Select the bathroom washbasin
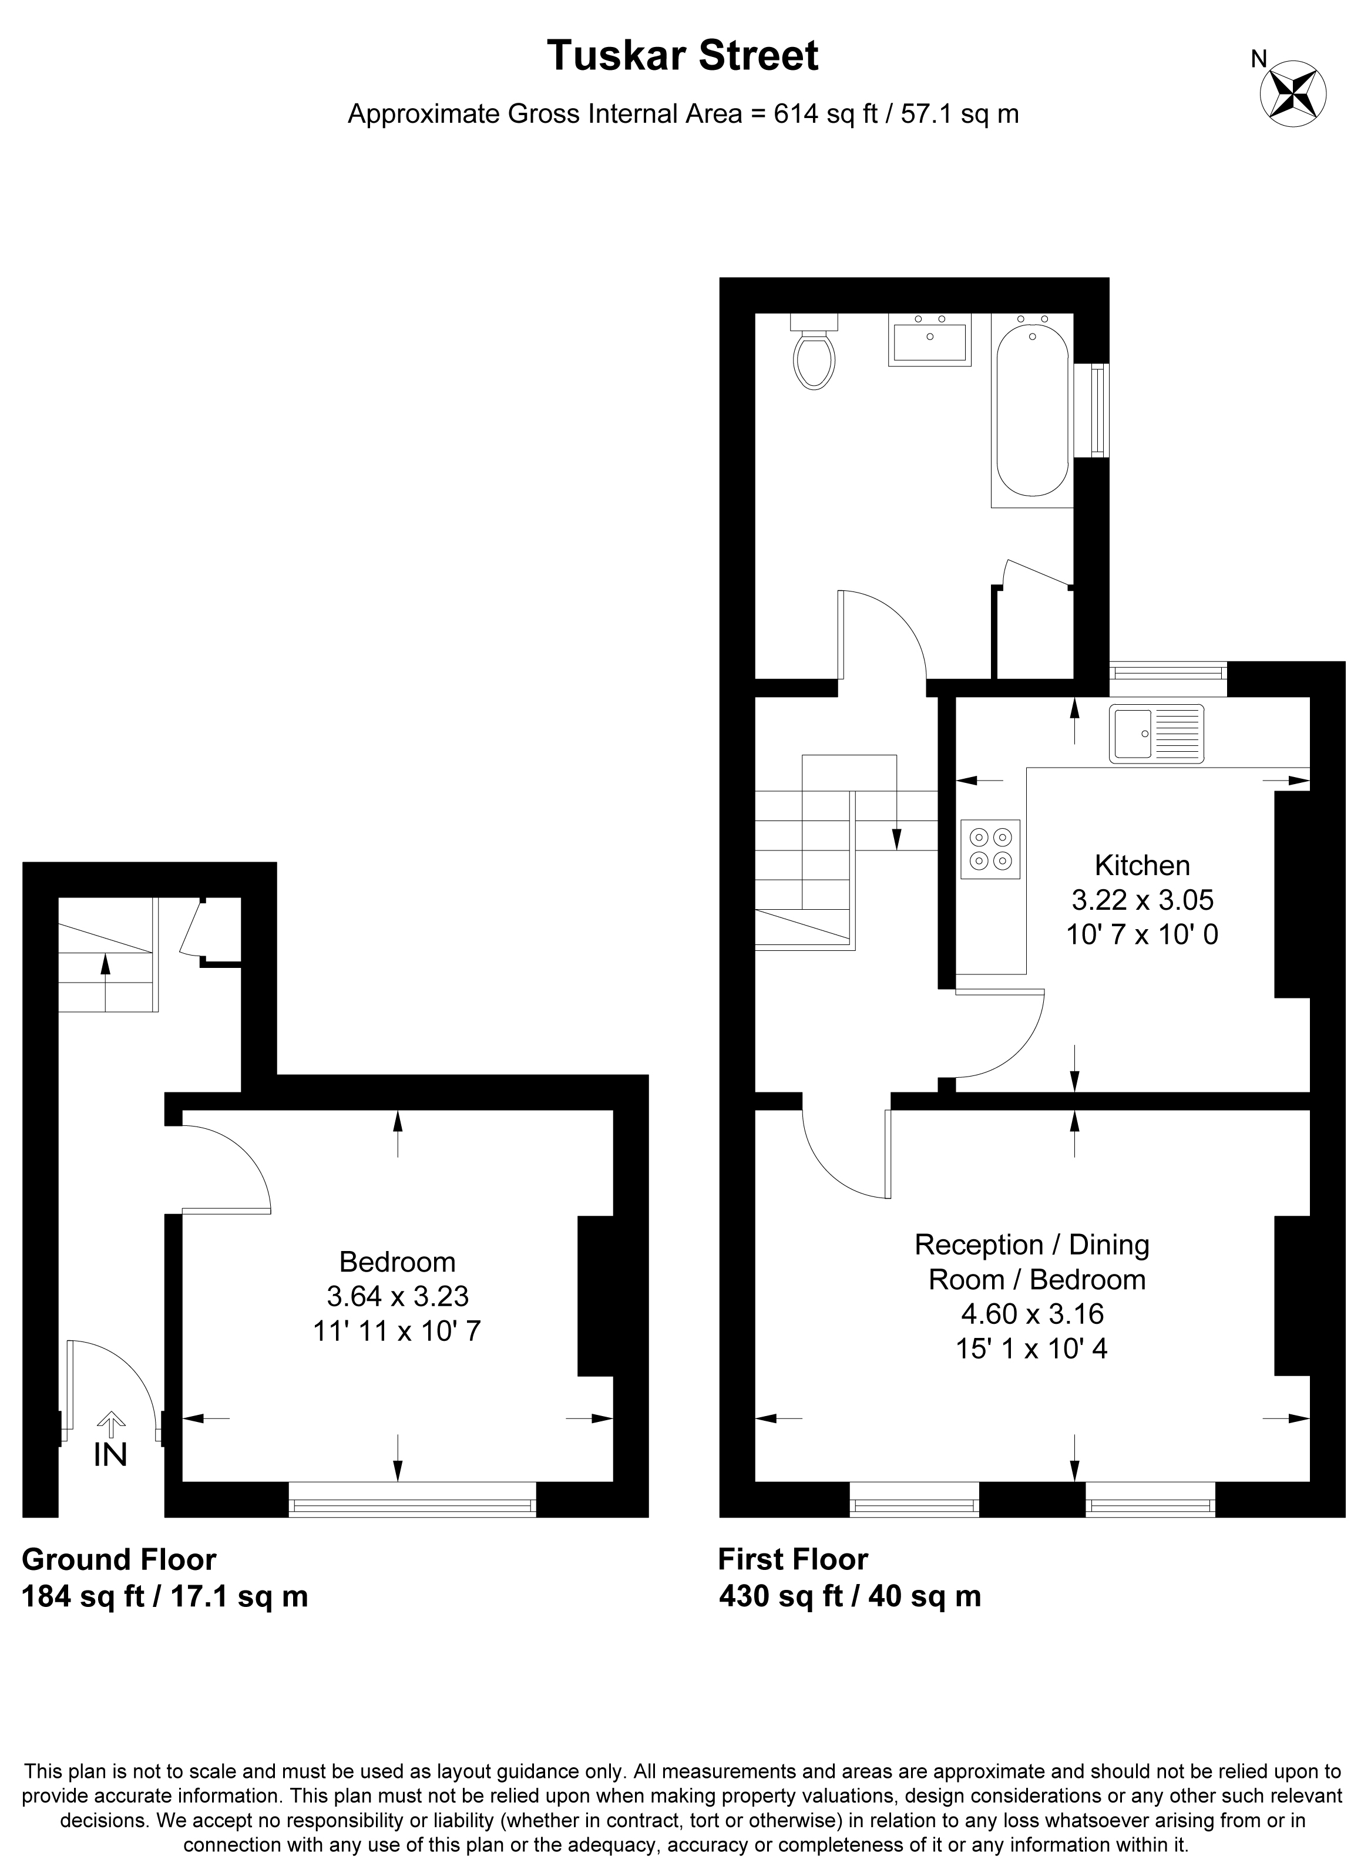pyautogui.click(x=929, y=339)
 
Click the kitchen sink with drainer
pyautogui.click(x=1156, y=733)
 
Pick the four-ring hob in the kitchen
pyautogui.click(x=991, y=849)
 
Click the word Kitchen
pyautogui.click(x=1142, y=866)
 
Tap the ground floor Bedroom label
pyautogui.click(x=398, y=1262)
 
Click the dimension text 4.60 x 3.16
pyautogui.click(x=1033, y=1314)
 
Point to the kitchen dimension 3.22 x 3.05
pyautogui.click(x=1142, y=900)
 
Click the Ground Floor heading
pyautogui.click(x=119, y=1560)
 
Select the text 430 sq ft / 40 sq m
pyautogui.click(x=850, y=1596)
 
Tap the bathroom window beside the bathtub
pyautogui.click(x=1100, y=410)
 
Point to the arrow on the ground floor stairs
pyautogui.click(x=105, y=983)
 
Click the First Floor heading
pyautogui.click(x=792, y=1560)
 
